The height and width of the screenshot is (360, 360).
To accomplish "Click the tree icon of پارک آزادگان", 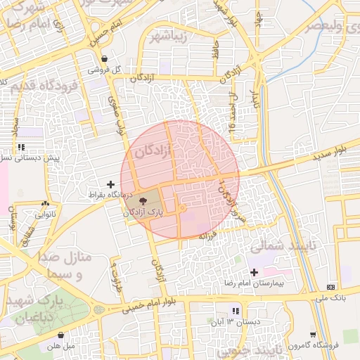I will click(144, 200).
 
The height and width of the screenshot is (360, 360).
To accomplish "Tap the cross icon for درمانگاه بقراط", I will click(110, 184).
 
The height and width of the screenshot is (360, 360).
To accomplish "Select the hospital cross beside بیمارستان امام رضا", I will click(254, 271).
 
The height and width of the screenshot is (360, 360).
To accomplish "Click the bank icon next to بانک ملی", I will click(331, 287).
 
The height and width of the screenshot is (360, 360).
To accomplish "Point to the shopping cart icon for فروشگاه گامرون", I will click(313, 335).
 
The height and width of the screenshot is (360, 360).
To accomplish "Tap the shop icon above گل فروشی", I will click(105, 60).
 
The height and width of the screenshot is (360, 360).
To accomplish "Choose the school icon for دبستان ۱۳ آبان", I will click(236, 310).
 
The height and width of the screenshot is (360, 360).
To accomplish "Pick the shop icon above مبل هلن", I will click(61, 335).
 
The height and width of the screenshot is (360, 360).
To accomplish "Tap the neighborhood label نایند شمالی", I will click(274, 246).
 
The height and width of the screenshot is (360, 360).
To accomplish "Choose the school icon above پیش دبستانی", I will click(22, 147).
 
